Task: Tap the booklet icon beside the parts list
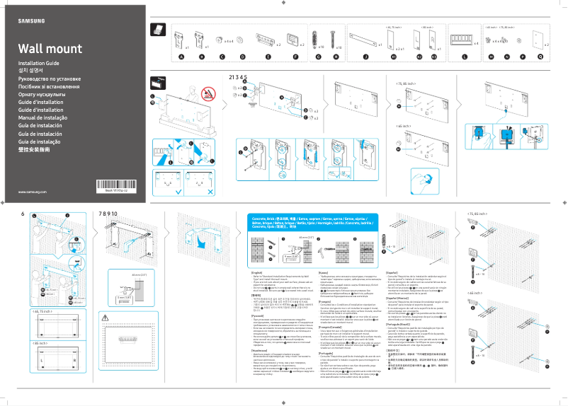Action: tap(160, 30)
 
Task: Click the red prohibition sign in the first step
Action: tap(208, 92)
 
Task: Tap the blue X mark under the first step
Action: tap(210, 192)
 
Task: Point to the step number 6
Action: tap(23, 214)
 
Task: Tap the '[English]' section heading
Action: tap(257, 272)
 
